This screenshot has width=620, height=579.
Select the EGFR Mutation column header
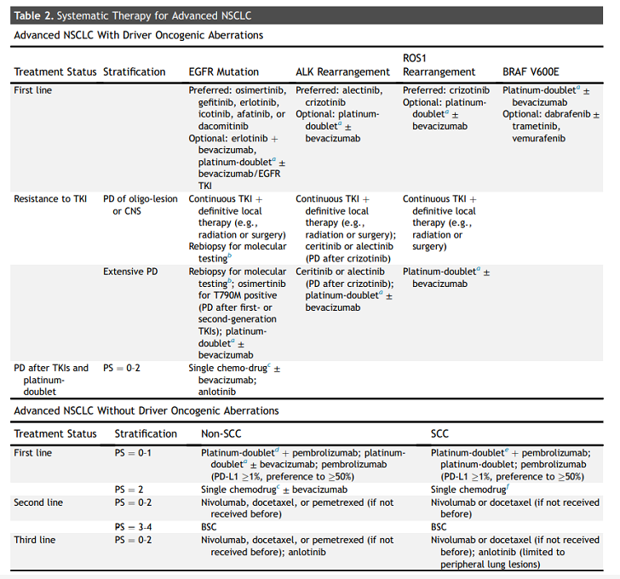point(223,72)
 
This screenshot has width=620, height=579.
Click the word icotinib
point(209,113)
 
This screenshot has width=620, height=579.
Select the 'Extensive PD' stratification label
point(130,272)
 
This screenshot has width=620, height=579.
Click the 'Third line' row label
point(37,540)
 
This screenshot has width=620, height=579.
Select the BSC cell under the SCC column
point(439,527)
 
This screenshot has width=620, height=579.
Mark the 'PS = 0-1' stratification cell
point(133,453)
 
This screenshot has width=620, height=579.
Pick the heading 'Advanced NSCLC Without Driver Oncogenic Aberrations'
point(146,410)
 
